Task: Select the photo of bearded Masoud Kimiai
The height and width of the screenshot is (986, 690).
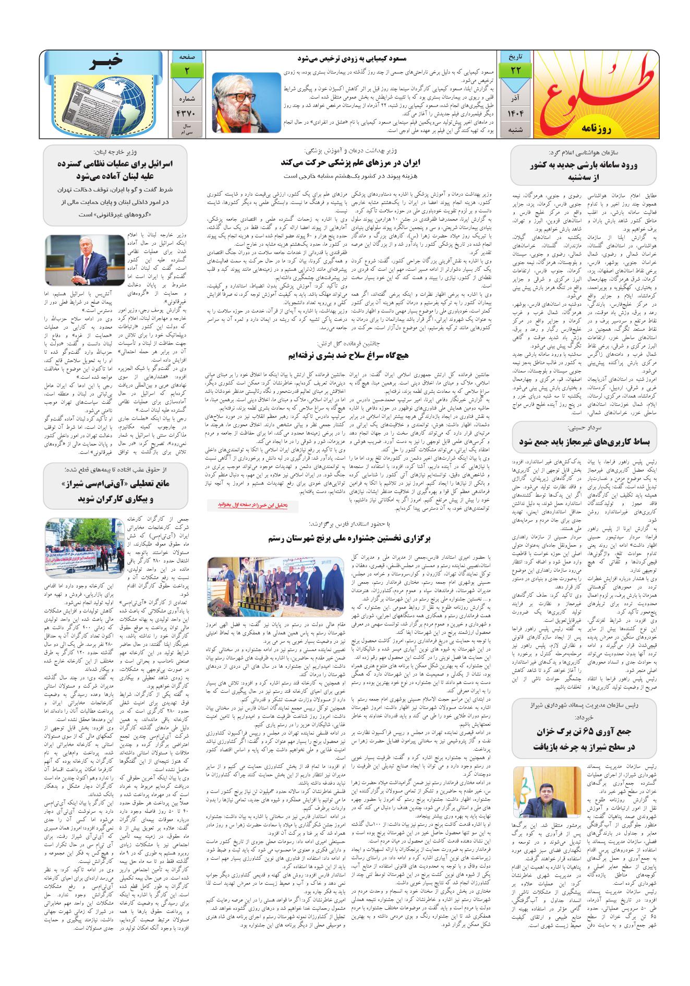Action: click(x=246, y=102)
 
